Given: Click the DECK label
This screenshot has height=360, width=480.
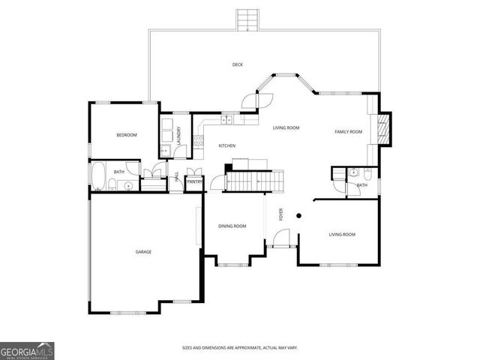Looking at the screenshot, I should coord(237,64).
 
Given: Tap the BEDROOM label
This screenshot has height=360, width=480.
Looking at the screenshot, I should coord(127,135).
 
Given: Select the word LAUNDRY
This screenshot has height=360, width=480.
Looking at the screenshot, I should coord(179,135).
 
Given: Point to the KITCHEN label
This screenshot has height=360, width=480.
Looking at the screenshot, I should coord(227,145).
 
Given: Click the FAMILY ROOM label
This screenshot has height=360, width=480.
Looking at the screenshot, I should coord(348,132).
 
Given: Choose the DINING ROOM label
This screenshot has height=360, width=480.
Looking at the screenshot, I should coord(232,226).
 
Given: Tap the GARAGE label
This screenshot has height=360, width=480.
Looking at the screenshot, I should coord(143,252).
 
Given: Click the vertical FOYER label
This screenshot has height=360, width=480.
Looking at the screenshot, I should coord(281,215).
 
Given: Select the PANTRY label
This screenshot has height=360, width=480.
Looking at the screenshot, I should coord(194,181).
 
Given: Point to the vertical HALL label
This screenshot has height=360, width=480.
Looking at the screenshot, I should coord(177,178).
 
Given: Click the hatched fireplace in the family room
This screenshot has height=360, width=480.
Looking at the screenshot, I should coord(384,130).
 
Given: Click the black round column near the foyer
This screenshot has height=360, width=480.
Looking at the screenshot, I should coord(298,216).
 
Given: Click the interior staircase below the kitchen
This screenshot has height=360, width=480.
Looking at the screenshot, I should coord(255,181).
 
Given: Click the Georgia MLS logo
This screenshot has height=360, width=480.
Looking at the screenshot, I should coord(27,350).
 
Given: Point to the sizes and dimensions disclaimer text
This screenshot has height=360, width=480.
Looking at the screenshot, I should coord(240,347).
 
